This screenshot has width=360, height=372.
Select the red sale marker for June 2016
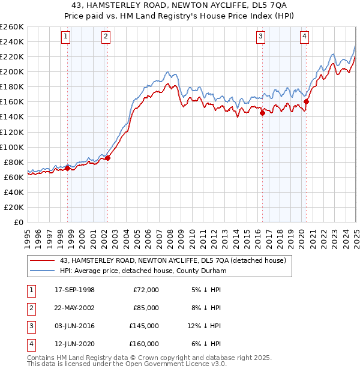point(262,113)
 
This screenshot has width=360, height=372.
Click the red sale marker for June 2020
point(306,101)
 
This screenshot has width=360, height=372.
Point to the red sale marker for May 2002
point(108,158)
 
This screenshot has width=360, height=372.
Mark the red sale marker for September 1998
point(68,168)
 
